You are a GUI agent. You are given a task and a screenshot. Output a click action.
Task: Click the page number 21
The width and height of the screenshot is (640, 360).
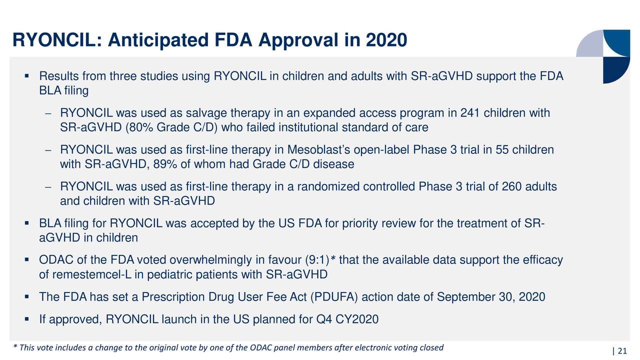[x=622, y=351]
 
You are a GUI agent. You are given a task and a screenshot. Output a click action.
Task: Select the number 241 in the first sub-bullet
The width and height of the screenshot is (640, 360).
[x=470, y=113]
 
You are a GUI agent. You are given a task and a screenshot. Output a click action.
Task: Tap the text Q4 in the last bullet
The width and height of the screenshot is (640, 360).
[x=324, y=319]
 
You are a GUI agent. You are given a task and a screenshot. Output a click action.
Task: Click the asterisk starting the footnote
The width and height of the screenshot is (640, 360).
[x=15, y=346]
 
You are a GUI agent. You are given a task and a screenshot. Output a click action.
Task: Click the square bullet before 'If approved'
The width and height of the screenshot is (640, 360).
[x=27, y=319]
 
